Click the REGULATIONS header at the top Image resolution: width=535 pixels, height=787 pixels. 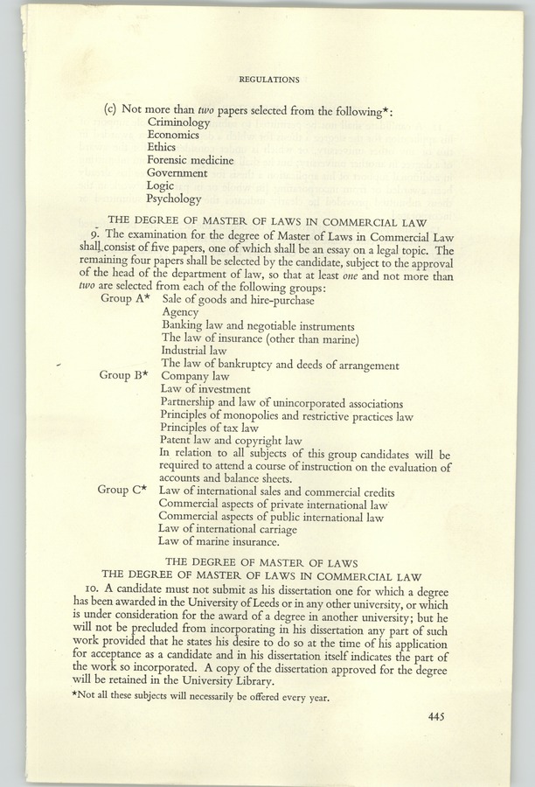click(269, 80)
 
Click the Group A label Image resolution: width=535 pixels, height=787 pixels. click(122, 299)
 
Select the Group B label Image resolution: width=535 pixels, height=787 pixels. click(122, 375)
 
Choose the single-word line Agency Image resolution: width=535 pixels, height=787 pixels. click(180, 312)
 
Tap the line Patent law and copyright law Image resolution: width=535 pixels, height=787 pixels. click(231, 441)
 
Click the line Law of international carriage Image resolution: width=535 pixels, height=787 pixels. click(227, 529)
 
